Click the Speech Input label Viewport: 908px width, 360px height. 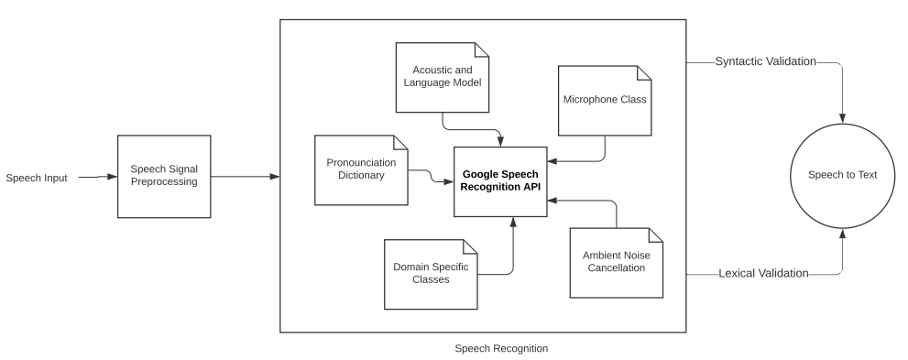coord(37,177)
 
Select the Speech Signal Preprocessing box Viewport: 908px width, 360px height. coord(164,176)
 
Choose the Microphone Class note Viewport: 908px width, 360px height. coord(604,99)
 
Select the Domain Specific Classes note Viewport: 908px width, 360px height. coord(430,273)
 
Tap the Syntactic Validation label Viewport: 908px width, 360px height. coord(766,62)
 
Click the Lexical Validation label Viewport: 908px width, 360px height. coord(763,273)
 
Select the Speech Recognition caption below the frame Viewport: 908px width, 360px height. coord(501,348)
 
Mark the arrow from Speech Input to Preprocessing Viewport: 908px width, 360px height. coord(95,177)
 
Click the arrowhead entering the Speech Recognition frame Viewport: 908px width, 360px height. coord(274,177)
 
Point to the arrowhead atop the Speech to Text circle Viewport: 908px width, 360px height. coord(842,120)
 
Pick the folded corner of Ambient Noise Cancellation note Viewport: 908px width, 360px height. coord(654,235)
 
